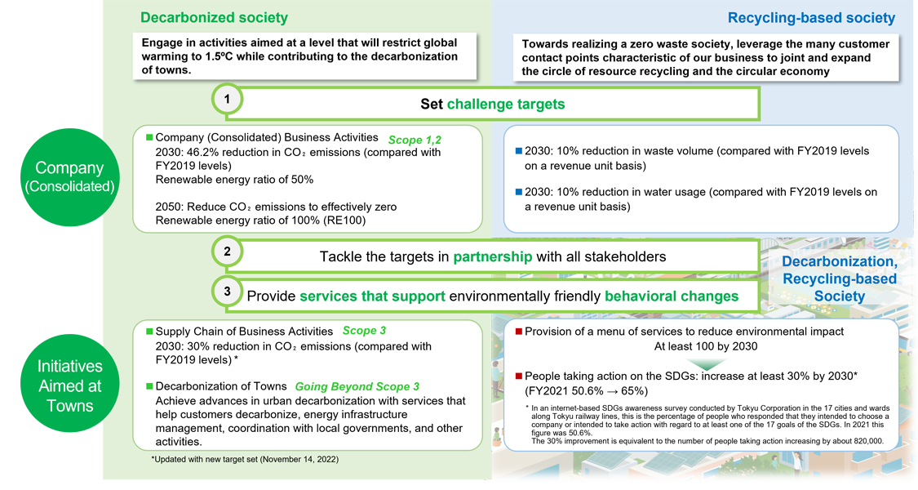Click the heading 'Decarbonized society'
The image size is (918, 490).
(214, 17)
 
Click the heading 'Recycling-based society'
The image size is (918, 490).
(810, 18)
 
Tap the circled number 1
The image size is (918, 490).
(228, 100)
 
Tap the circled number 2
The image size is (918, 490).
(228, 252)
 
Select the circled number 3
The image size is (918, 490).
(228, 291)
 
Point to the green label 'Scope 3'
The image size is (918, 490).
(364, 331)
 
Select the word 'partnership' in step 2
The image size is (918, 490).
(493, 256)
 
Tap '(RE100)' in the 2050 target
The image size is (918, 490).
(342, 220)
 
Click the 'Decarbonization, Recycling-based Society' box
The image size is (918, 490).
(839, 278)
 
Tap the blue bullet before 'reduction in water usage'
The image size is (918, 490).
(518, 193)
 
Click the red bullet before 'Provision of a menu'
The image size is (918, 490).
(518, 332)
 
